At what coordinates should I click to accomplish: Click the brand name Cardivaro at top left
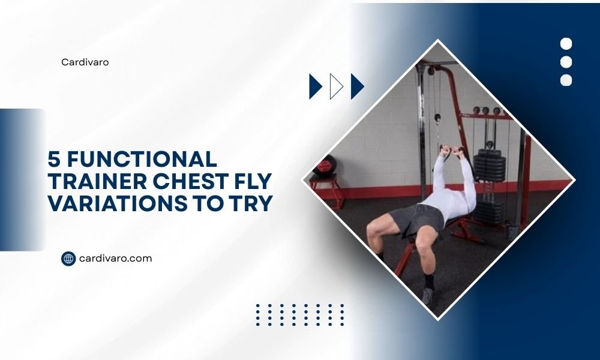[x=85, y=62]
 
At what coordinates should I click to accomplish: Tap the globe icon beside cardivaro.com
[x=68, y=259]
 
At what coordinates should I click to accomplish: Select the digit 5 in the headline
[x=55, y=160]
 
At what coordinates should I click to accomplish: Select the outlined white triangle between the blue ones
[x=337, y=86]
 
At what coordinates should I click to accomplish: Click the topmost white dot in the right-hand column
[x=566, y=44]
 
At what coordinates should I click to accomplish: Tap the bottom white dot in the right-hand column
[x=566, y=80]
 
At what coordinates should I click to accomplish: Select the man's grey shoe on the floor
[x=428, y=296]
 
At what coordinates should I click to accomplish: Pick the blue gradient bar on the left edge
[x=22, y=179]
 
